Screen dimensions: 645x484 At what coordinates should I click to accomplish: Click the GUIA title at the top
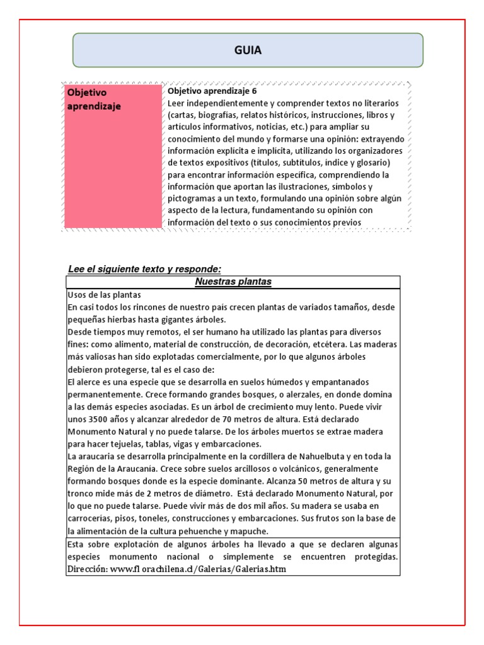pyautogui.click(x=248, y=50)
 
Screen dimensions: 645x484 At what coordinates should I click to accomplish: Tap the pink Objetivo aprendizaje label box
pyautogui.click(x=112, y=156)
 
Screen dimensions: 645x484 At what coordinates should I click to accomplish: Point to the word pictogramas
pyautogui.click(x=195, y=198)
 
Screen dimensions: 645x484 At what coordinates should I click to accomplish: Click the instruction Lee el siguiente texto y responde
pyautogui.click(x=144, y=269)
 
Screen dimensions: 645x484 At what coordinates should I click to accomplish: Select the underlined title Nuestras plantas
pyautogui.click(x=233, y=282)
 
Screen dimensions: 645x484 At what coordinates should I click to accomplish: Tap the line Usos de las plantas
pyautogui.click(x=104, y=295)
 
